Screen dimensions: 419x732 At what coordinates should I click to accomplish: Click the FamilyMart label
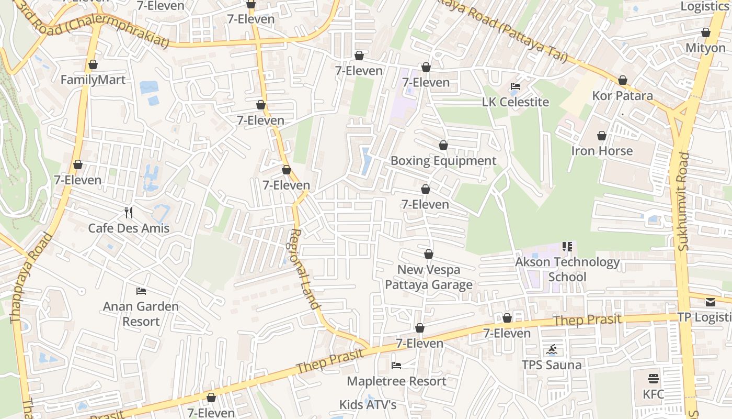click(93, 80)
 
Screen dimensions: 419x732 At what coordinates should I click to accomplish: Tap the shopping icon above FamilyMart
click(93, 64)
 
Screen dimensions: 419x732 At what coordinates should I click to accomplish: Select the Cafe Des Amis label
click(129, 228)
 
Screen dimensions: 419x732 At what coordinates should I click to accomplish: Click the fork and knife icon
click(129, 212)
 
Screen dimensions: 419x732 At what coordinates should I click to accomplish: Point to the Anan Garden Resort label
click(141, 314)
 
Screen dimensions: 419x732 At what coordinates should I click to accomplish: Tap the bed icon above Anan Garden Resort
click(141, 291)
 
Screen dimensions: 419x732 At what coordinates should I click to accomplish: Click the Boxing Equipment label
click(443, 161)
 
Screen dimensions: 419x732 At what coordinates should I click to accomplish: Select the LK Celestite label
click(516, 102)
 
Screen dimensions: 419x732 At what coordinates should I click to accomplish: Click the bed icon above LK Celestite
click(516, 86)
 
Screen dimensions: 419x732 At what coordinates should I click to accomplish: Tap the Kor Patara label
click(622, 96)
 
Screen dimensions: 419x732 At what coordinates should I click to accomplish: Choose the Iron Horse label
click(602, 151)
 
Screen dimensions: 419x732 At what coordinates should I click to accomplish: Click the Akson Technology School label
click(567, 269)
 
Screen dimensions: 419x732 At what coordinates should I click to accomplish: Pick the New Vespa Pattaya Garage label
click(429, 277)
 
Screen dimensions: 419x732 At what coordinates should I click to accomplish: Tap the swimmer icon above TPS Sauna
click(552, 349)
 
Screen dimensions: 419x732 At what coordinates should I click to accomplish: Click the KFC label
click(653, 394)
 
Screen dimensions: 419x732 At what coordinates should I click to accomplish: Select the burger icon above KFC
click(653, 378)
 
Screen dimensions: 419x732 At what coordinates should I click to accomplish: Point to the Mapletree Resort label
click(396, 381)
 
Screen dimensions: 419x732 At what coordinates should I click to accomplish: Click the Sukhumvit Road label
click(684, 202)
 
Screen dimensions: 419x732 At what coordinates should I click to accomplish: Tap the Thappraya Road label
click(32, 278)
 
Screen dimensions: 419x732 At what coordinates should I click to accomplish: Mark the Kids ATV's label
click(368, 405)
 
